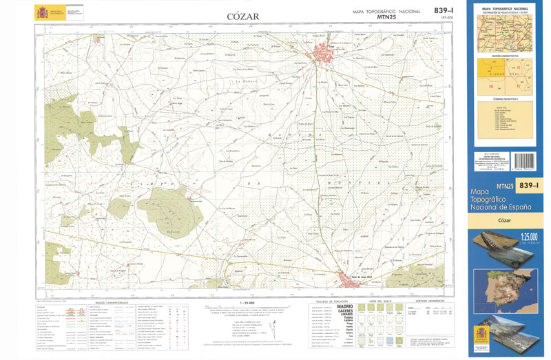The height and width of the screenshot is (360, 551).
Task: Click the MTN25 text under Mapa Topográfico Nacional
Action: [x=386, y=19]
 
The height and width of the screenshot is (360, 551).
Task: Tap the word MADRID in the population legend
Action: [x=346, y=307]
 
